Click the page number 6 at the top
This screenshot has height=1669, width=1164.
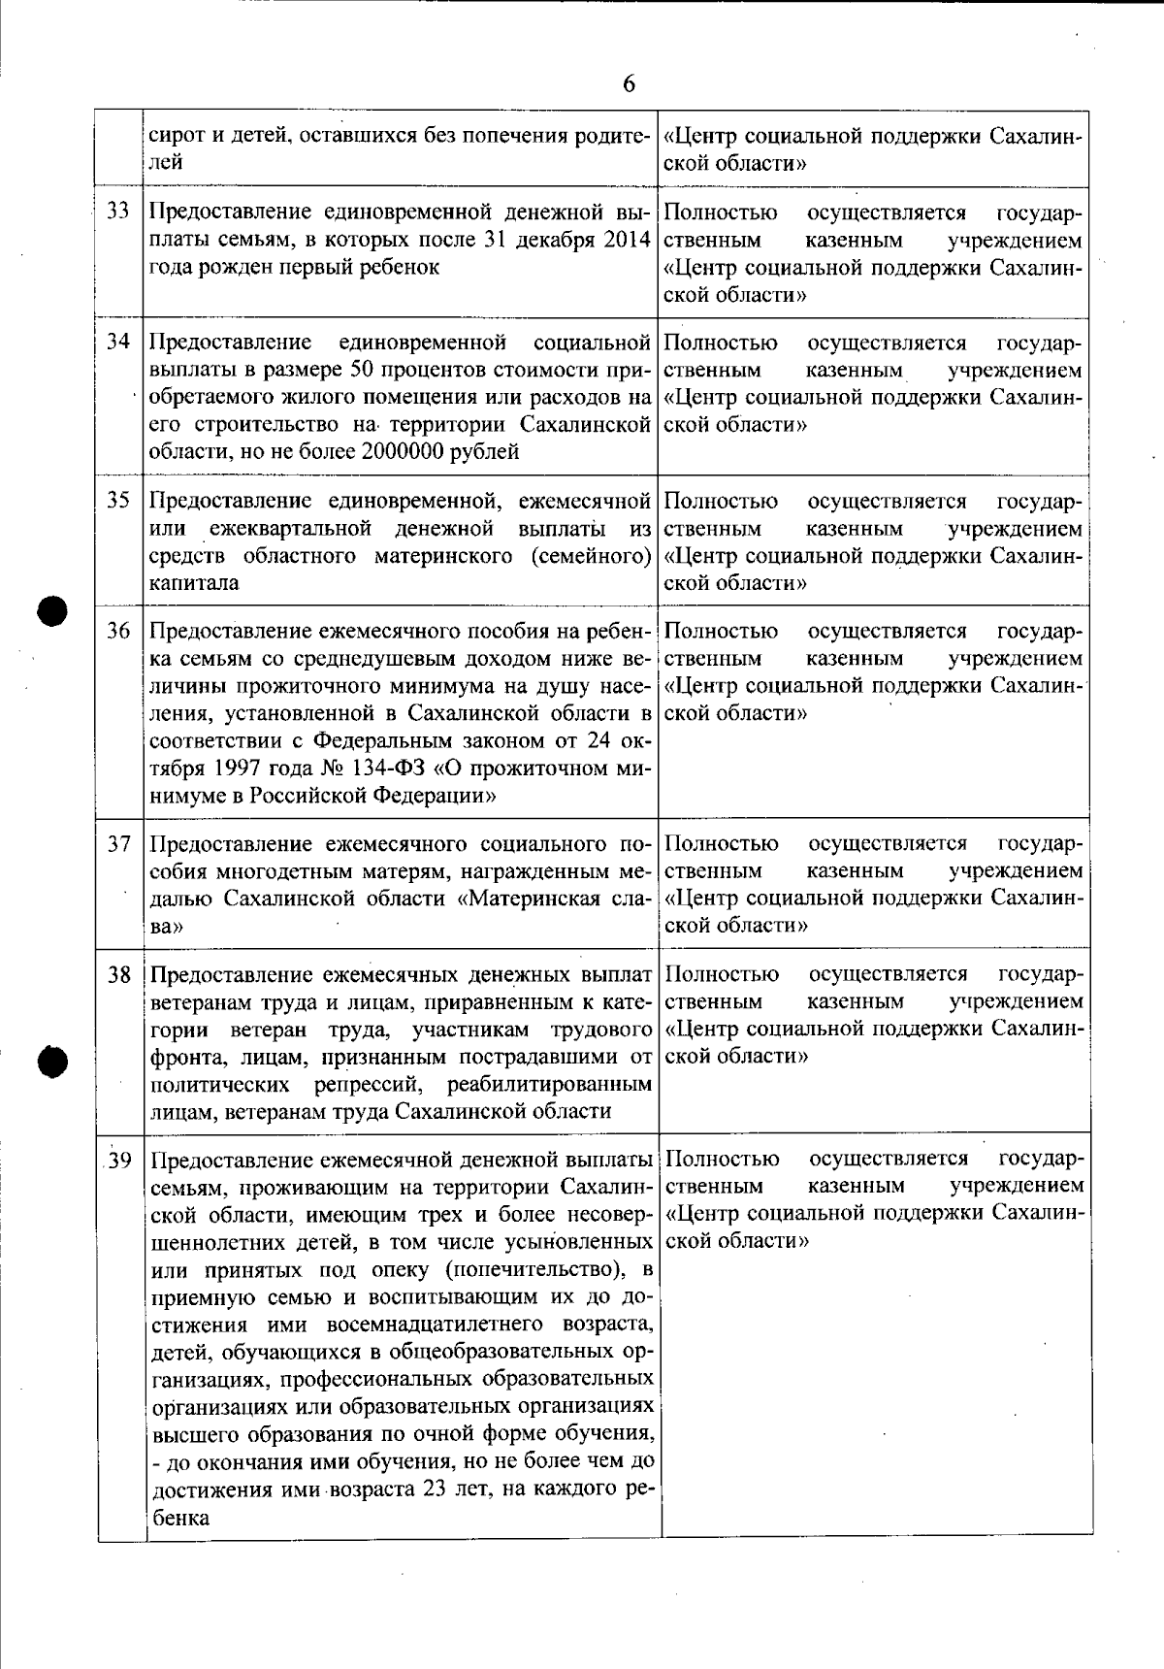[629, 84]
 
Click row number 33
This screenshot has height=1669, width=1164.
[118, 212]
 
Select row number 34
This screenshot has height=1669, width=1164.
[118, 343]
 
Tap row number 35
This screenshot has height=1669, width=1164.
[118, 501]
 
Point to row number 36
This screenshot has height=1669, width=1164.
[118, 632]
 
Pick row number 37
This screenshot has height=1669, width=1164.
[118, 844]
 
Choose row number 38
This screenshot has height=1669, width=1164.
[118, 975]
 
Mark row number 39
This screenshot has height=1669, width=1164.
[119, 1161]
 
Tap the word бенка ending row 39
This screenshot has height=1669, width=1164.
[180, 1517]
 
